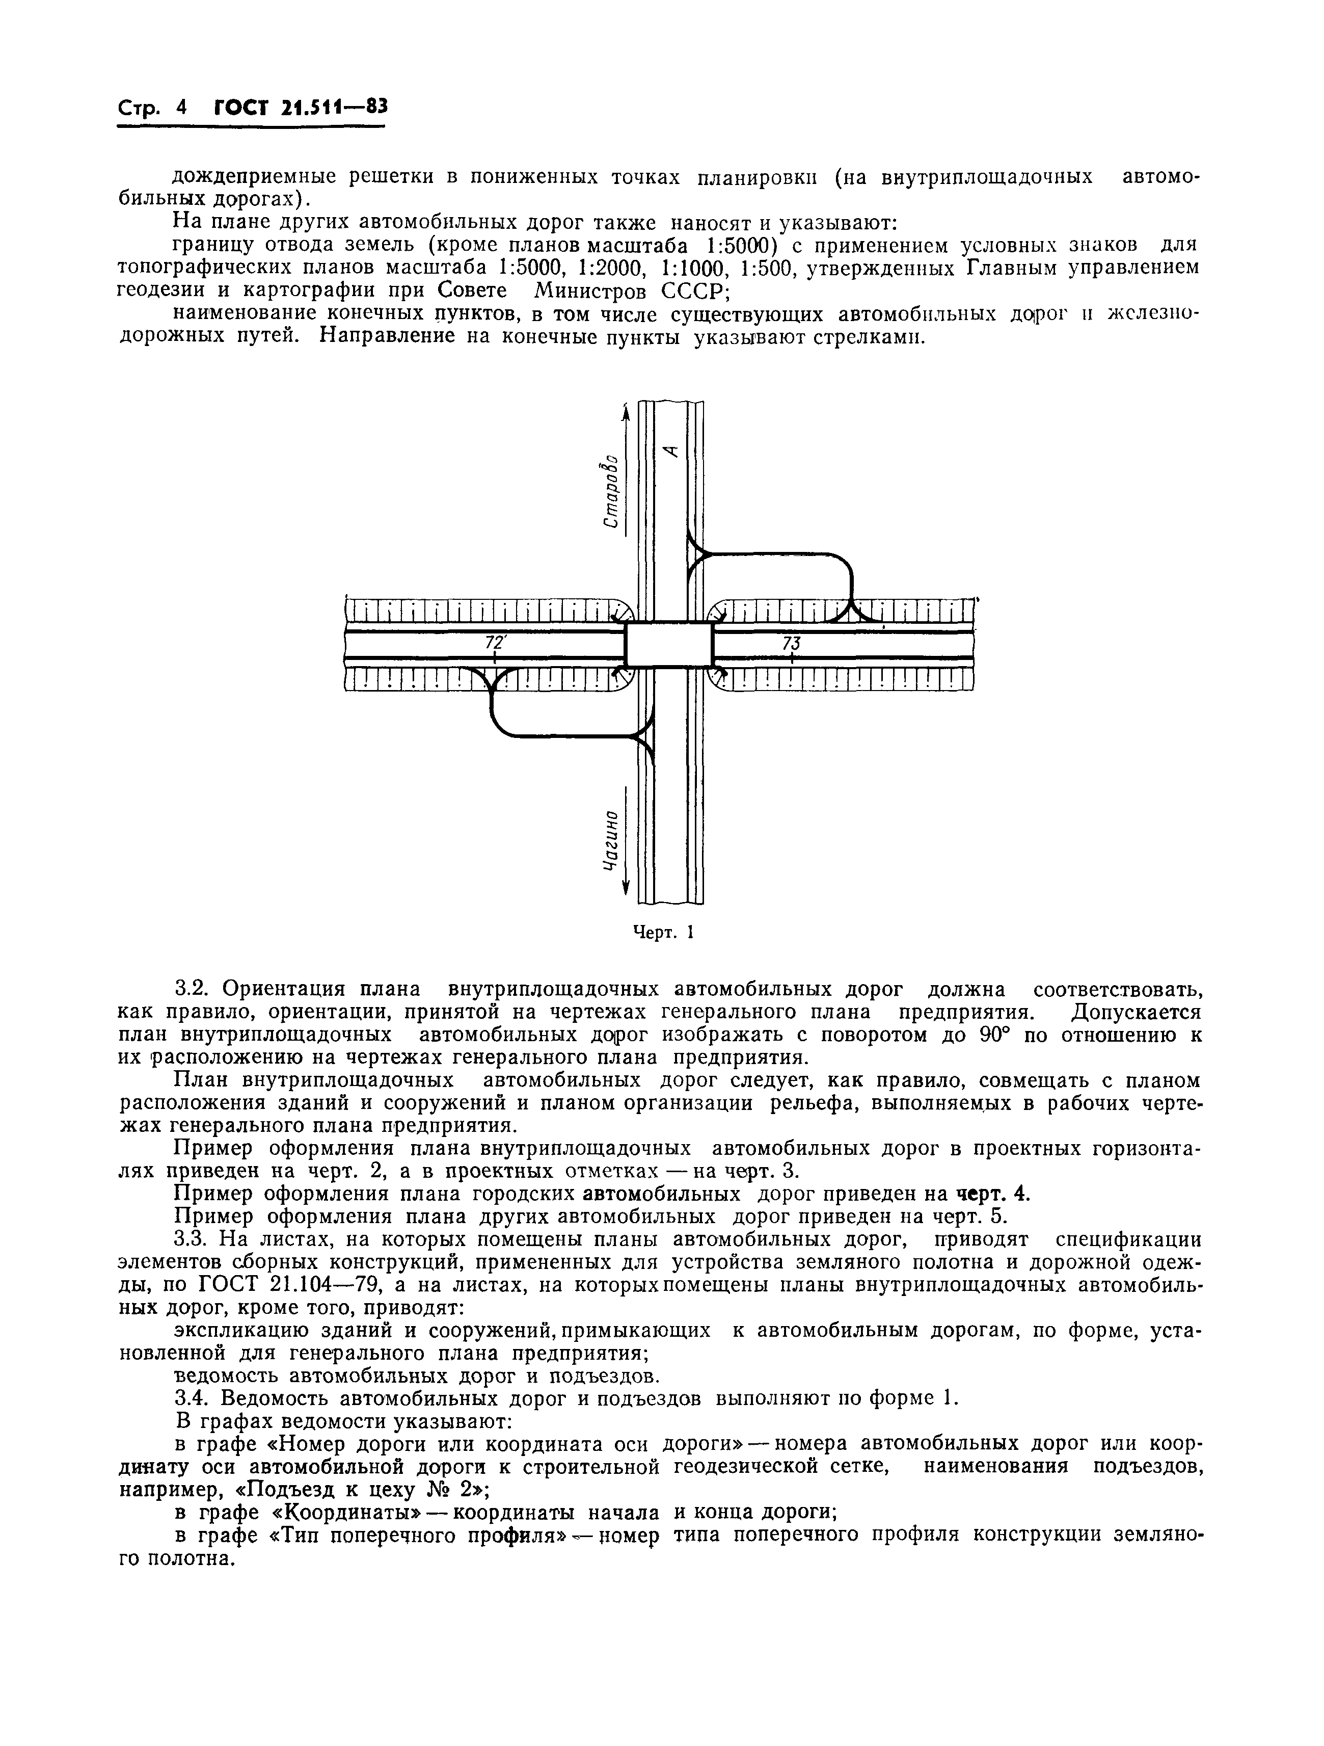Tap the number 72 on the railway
click(x=494, y=643)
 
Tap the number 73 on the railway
click(x=791, y=643)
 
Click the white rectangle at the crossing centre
click(x=668, y=644)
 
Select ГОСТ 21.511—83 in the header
click(x=301, y=108)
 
